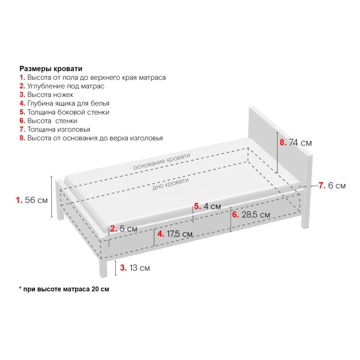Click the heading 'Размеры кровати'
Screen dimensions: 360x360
click(x=51, y=69)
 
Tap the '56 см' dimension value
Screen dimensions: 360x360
click(x=36, y=200)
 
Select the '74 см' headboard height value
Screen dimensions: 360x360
click(x=300, y=142)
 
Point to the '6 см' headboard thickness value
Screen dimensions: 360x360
click(x=337, y=185)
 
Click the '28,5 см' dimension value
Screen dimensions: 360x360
click(x=256, y=215)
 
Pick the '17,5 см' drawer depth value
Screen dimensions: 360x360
click(x=180, y=234)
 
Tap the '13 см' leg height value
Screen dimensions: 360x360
click(x=140, y=268)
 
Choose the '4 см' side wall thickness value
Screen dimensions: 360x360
click(x=212, y=206)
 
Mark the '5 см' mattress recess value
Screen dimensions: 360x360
click(x=128, y=229)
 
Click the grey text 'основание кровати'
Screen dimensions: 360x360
click(x=162, y=161)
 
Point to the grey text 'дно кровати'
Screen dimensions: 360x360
click(x=171, y=184)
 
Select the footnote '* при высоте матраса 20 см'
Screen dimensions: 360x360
click(x=64, y=289)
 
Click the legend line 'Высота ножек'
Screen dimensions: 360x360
click(x=50, y=95)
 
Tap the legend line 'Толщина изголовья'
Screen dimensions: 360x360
click(x=59, y=129)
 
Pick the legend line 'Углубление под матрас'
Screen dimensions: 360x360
click(x=66, y=86)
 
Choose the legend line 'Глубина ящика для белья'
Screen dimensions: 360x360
click(x=68, y=103)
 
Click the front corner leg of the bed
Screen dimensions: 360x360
click(x=103, y=268)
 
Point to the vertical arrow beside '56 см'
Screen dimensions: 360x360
click(x=51, y=197)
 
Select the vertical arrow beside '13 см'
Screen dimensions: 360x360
click(x=116, y=268)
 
